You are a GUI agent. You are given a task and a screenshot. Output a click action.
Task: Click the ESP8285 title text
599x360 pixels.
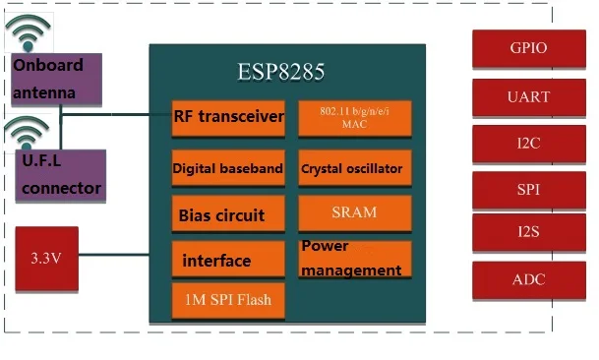coord(280,72)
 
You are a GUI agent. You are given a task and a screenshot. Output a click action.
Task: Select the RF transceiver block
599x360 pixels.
coord(228,118)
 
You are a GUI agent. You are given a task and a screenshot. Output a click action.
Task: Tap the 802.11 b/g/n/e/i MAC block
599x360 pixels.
coord(354,118)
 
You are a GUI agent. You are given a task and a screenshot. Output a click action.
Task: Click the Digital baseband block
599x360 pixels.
coord(228,168)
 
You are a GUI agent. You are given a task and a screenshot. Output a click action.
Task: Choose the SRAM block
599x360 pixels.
coord(354,212)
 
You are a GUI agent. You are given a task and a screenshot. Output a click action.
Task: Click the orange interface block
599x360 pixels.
coord(228,261)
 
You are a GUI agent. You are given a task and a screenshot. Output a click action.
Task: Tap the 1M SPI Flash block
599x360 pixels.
coord(228,299)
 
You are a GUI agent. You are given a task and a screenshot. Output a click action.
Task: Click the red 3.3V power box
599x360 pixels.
coord(47,258)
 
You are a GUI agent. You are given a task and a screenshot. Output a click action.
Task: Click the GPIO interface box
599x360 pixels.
coord(528,47)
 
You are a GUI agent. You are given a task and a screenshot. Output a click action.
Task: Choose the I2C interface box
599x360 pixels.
coord(528,143)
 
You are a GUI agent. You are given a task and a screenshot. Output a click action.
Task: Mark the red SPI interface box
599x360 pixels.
coord(528,189)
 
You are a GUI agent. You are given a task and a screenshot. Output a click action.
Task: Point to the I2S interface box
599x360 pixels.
coord(528,234)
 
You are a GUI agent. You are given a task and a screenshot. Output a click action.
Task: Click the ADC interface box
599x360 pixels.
coord(528,280)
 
